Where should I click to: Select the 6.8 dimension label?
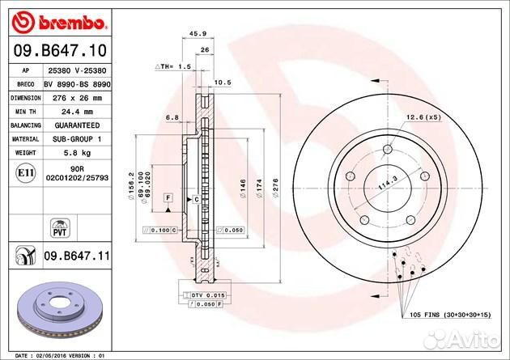[172, 119]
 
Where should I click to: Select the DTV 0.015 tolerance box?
[207, 295]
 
